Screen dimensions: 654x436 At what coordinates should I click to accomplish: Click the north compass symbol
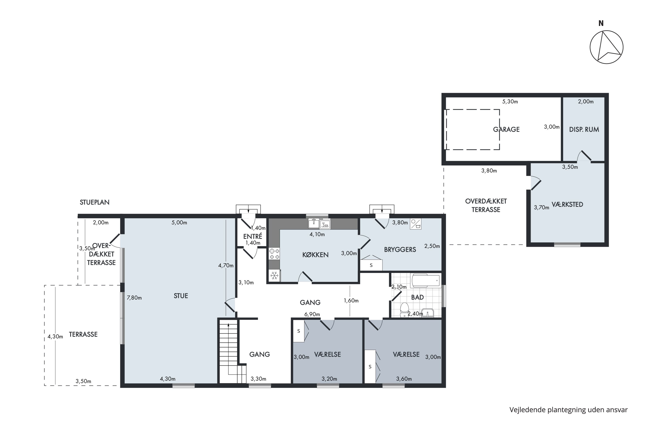point(607,47)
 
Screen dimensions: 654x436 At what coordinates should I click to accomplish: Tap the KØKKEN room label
point(315,255)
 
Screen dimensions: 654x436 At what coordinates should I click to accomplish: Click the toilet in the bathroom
point(404,310)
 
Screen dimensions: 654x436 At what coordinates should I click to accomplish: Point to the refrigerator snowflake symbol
point(274,276)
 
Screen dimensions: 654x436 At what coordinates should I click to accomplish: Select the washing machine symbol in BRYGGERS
point(416,224)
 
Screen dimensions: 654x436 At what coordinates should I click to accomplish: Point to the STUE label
point(181,296)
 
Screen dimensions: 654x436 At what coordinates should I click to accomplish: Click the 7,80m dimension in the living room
point(134,298)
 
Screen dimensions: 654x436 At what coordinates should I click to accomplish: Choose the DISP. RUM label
point(584,129)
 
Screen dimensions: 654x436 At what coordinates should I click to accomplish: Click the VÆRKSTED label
point(567,204)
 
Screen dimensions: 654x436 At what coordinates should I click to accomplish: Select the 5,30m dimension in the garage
point(510,102)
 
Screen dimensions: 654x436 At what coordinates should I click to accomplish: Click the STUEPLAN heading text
point(95,202)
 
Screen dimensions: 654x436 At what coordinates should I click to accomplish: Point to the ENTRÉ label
point(252,236)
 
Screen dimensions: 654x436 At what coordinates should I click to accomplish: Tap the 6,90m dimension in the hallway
point(312,314)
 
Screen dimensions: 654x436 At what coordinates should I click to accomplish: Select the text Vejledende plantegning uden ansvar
point(568,410)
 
